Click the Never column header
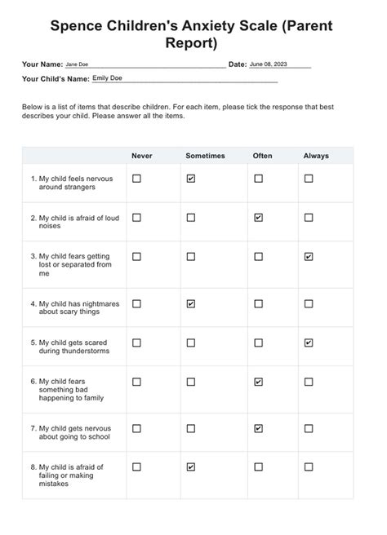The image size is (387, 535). [x=142, y=155]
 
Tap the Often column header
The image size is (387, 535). [x=261, y=155]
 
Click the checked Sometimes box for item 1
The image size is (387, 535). [x=191, y=179]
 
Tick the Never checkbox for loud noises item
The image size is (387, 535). [x=137, y=218]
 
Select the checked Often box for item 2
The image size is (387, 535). [x=259, y=218]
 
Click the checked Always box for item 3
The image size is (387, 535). [x=309, y=257]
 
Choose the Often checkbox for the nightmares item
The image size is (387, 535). [x=259, y=304]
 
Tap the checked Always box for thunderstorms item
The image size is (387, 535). [x=309, y=343]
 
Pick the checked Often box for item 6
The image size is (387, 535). [x=259, y=382]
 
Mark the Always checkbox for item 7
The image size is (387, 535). [x=309, y=428]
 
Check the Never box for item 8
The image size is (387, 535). [x=137, y=467]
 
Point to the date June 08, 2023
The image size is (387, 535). [x=269, y=64]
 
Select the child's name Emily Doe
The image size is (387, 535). [x=109, y=79]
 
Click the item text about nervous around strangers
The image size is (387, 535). [x=74, y=182]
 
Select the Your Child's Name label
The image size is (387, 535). [x=56, y=79]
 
